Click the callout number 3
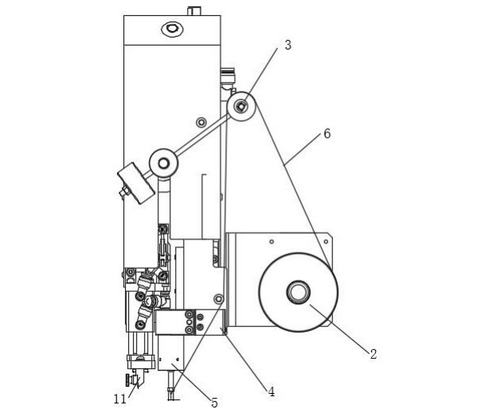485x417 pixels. (287, 45)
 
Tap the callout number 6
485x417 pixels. (327, 134)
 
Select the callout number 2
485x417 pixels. (374, 354)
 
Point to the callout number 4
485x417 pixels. (272, 392)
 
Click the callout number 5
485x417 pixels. (215, 403)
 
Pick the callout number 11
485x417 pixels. (120, 399)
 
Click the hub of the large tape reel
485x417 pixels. (299, 293)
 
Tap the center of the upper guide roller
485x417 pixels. (241, 107)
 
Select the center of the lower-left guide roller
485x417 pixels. (163, 163)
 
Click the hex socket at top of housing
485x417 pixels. (172, 29)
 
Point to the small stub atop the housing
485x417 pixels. (194, 11)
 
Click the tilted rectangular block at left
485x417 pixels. (136, 183)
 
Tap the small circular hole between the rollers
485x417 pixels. (201, 122)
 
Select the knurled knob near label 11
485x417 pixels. (127, 380)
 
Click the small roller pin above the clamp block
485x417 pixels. (219, 299)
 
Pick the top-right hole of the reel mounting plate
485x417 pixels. (326, 242)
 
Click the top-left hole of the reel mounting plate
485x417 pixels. (272, 242)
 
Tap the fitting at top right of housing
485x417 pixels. (227, 76)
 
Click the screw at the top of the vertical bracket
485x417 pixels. (162, 230)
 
